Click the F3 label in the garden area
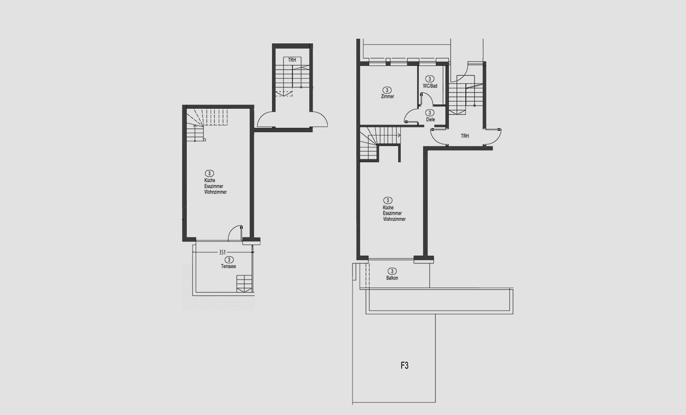pos(404,365)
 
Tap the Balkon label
pos(393,278)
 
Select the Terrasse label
pos(229,266)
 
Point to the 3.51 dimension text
pos(222,252)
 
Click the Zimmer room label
pos(387,96)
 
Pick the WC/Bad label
pos(430,86)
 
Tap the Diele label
pos(430,119)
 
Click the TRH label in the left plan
pos(292,60)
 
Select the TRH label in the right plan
pos(465,136)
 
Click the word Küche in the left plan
pos(210,180)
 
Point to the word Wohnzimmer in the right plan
pos(394,219)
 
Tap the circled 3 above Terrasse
pos(229,260)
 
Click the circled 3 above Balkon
pos(392,271)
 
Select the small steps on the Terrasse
pos(245,284)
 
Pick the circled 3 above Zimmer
pos(387,90)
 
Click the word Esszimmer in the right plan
pos(393,213)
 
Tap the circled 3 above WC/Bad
pos(430,79)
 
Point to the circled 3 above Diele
pos(430,113)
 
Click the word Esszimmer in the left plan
pos(214,186)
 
